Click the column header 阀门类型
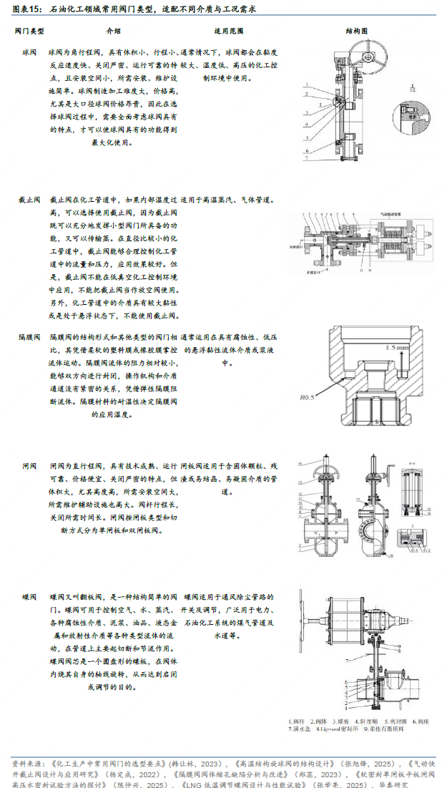tap(29, 32)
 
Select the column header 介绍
tap(113, 32)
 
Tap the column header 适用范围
tap(228, 32)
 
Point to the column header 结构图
tap(356, 32)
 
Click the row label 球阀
tap(29, 53)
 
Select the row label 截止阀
tap(29, 200)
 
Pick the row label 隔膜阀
tap(29, 336)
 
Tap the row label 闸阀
tap(29, 466)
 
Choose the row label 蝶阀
tap(29, 596)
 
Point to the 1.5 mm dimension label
tap(398, 348)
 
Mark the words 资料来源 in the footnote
tap(27, 764)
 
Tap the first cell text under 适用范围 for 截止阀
tap(228, 200)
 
